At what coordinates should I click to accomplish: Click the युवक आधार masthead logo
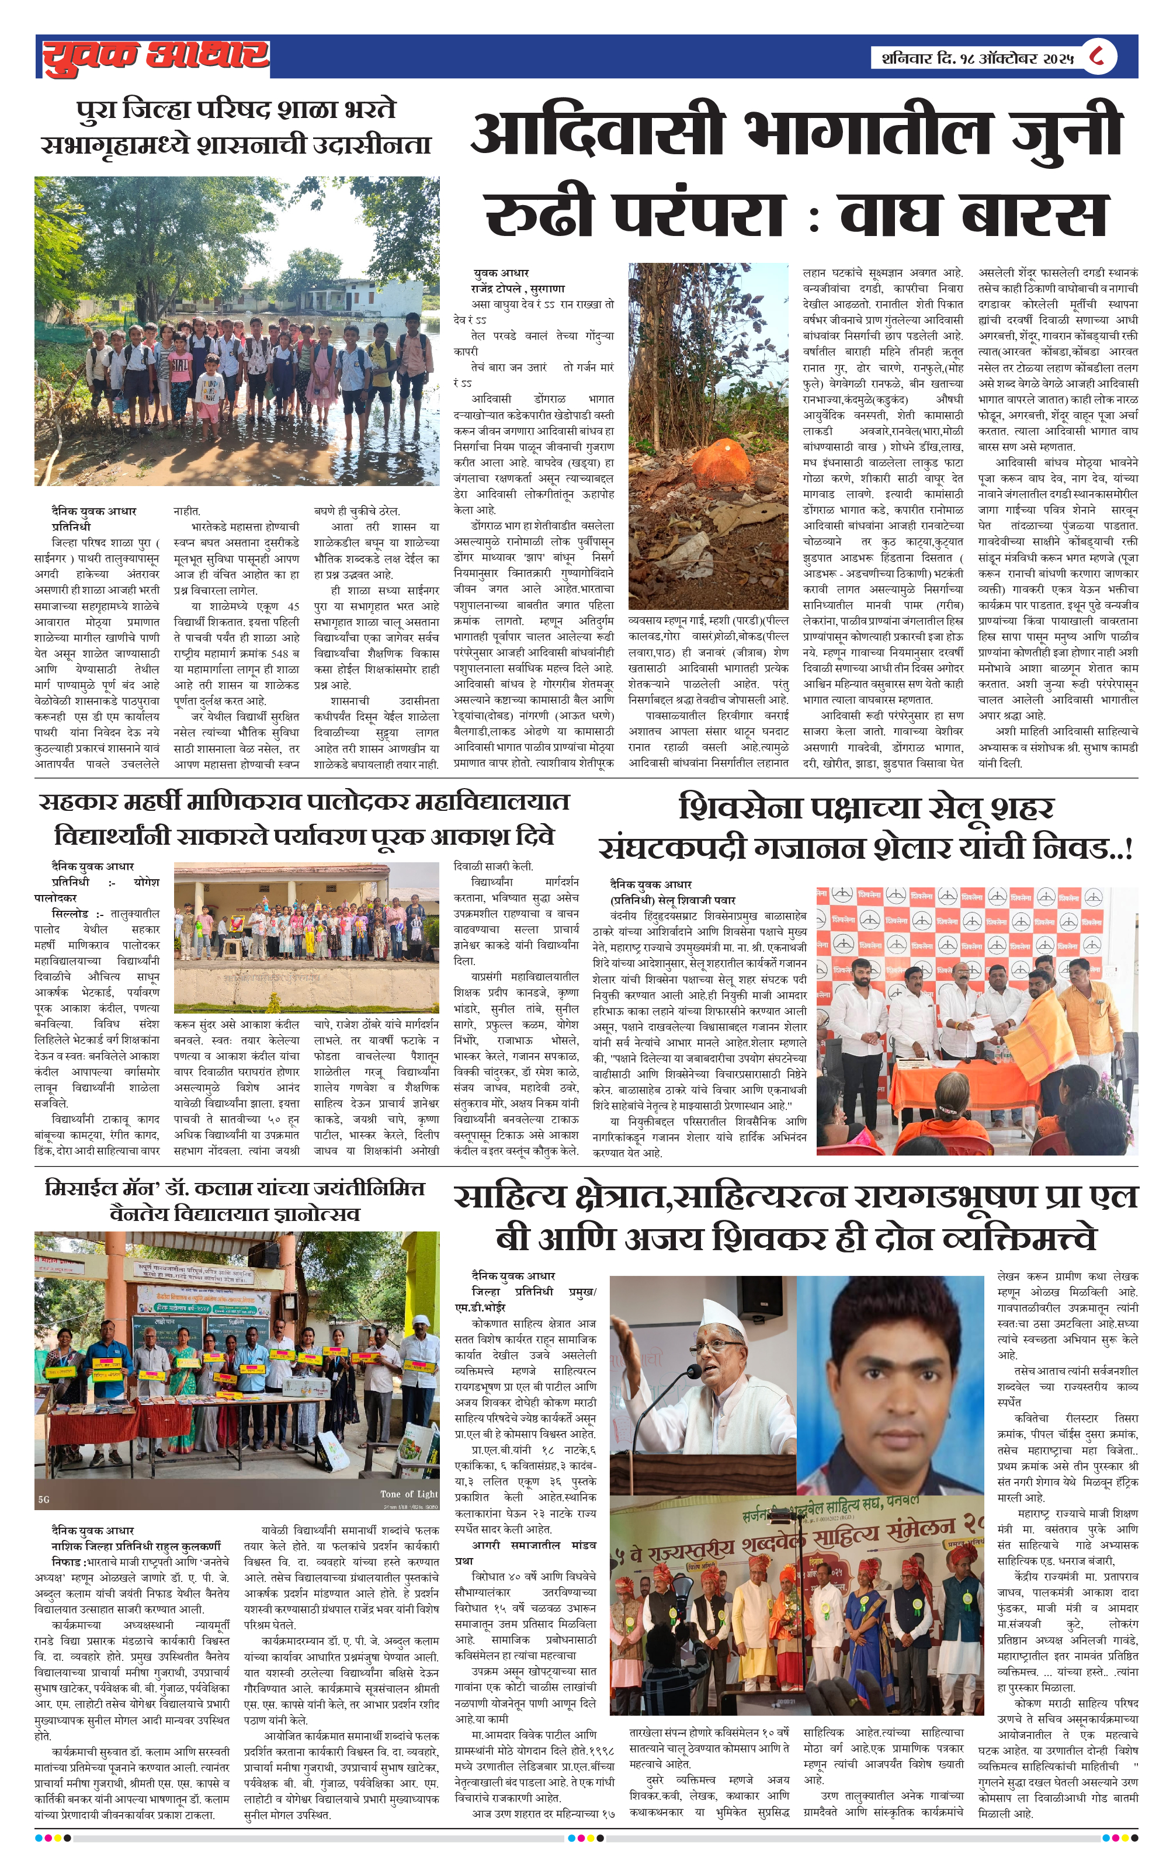pos(155,57)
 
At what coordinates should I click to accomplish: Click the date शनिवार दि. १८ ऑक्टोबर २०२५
pos(977,58)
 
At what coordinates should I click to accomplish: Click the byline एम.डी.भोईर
pos(480,1307)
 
